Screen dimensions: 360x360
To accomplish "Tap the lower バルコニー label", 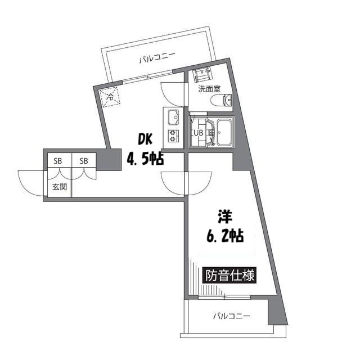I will click(231, 316).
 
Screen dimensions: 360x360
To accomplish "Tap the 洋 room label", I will click(225, 215).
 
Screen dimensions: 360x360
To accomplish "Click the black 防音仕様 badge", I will click(229, 276).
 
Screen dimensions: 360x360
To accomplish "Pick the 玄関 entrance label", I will click(60, 186).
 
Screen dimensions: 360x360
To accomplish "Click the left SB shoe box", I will click(58, 161).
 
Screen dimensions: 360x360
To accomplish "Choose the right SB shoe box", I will click(84, 161).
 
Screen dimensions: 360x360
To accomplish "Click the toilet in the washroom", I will click(220, 101).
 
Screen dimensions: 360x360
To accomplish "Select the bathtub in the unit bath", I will click(223, 133).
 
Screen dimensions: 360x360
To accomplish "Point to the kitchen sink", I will click(172, 117).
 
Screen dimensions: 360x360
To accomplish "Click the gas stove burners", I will click(172, 134).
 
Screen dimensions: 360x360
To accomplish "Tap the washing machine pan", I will click(201, 75).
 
